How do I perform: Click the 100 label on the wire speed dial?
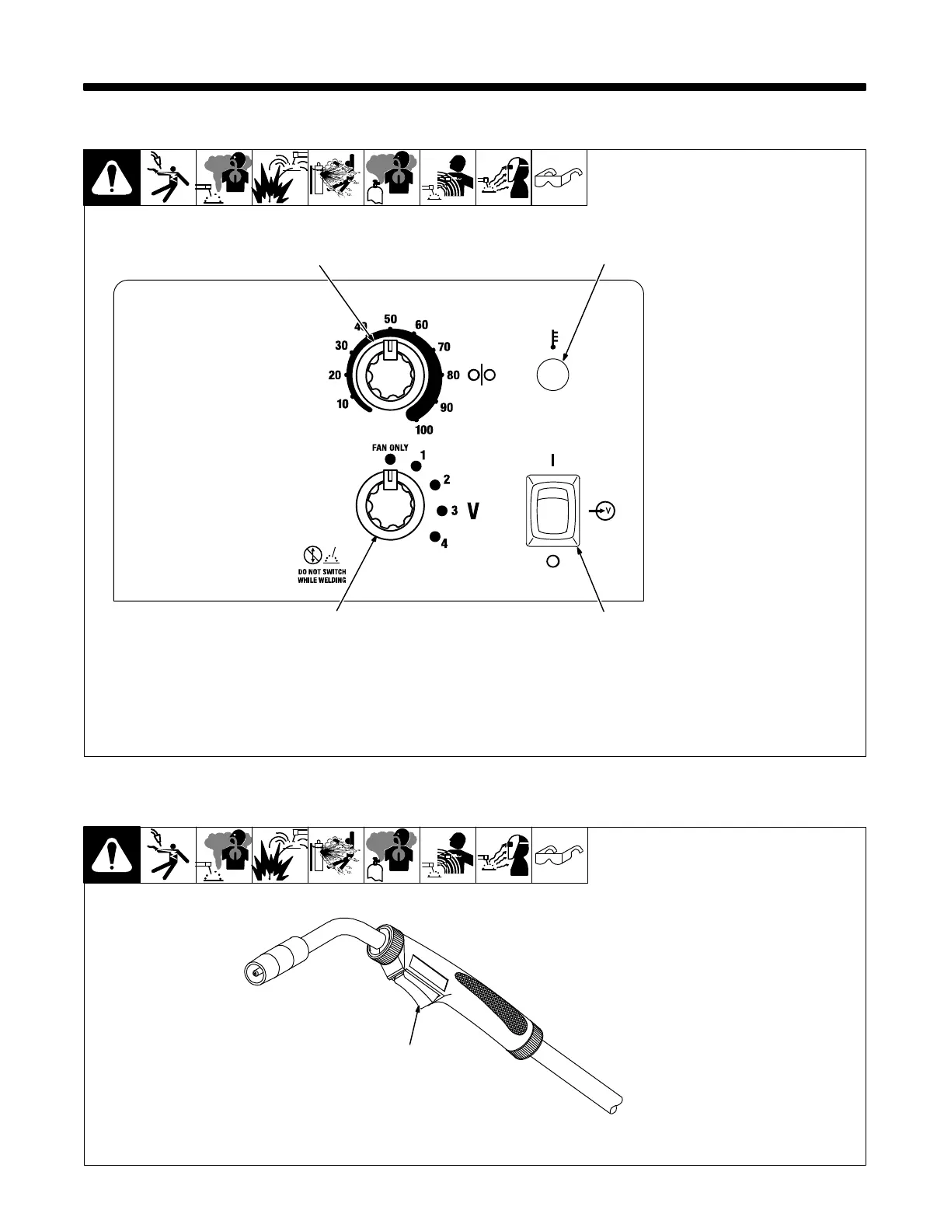coord(424,430)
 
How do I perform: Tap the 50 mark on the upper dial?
coord(391,319)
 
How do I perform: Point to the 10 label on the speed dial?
coord(343,404)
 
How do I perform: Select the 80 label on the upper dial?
coord(454,375)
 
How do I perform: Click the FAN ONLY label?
coord(391,448)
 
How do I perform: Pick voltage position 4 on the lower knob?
coord(444,543)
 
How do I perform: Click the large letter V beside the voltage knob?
coord(472,511)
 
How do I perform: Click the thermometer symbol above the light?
coord(553,339)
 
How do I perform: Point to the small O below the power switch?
coord(553,561)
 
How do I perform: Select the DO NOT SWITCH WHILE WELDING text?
coord(322,576)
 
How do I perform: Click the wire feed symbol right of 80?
coord(482,376)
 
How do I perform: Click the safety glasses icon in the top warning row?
coord(559,178)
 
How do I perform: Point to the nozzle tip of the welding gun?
coord(252,971)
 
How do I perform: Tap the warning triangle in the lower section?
coord(112,856)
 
